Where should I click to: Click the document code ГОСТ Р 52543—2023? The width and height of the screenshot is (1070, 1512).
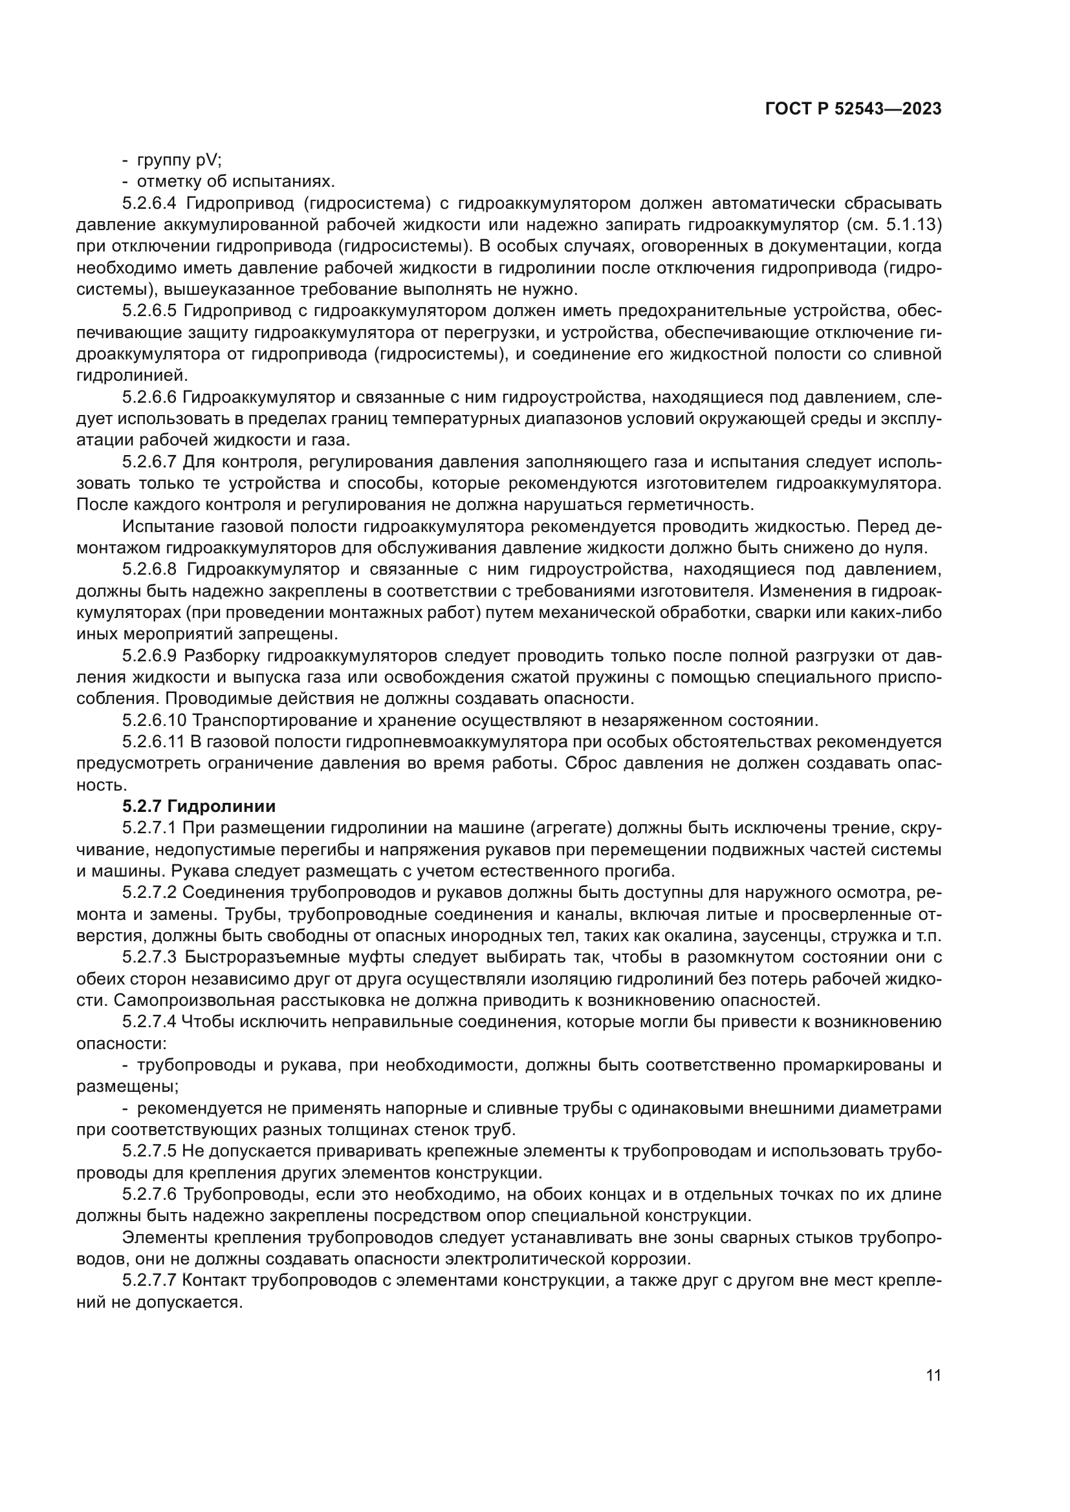coord(853,109)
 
